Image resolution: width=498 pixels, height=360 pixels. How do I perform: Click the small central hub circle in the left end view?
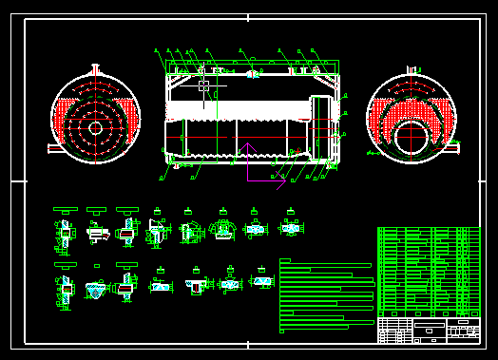[94, 126]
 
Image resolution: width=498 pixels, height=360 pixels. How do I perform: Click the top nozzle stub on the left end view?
[95, 70]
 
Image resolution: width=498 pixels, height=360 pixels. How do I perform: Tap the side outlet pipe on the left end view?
[53, 147]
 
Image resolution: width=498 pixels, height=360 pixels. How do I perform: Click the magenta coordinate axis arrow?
[249, 162]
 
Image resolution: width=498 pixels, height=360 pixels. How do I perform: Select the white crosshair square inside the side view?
[204, 85]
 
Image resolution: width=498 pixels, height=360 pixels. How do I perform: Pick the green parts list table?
[428, 271]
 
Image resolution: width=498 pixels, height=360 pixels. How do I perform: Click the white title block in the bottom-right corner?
[428, 330]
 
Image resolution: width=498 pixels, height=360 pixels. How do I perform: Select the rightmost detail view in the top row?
[290, 228]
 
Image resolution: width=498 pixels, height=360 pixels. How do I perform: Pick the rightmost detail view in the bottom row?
[260, 282]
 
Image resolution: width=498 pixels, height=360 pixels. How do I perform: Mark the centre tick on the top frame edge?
[249, 17]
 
